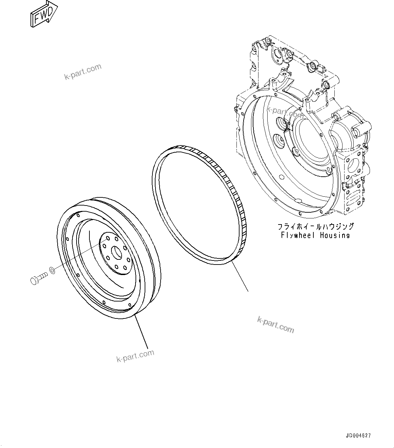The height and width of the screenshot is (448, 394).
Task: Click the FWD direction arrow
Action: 43,14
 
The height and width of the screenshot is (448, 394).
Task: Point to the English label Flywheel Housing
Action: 315,235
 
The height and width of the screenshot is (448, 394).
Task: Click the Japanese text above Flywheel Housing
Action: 315,226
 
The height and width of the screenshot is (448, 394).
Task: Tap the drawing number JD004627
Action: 359,435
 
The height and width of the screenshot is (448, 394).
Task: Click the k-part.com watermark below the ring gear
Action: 275,325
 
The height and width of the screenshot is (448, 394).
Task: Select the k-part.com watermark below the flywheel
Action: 135,356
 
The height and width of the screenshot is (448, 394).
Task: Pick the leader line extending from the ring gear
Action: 241,276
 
